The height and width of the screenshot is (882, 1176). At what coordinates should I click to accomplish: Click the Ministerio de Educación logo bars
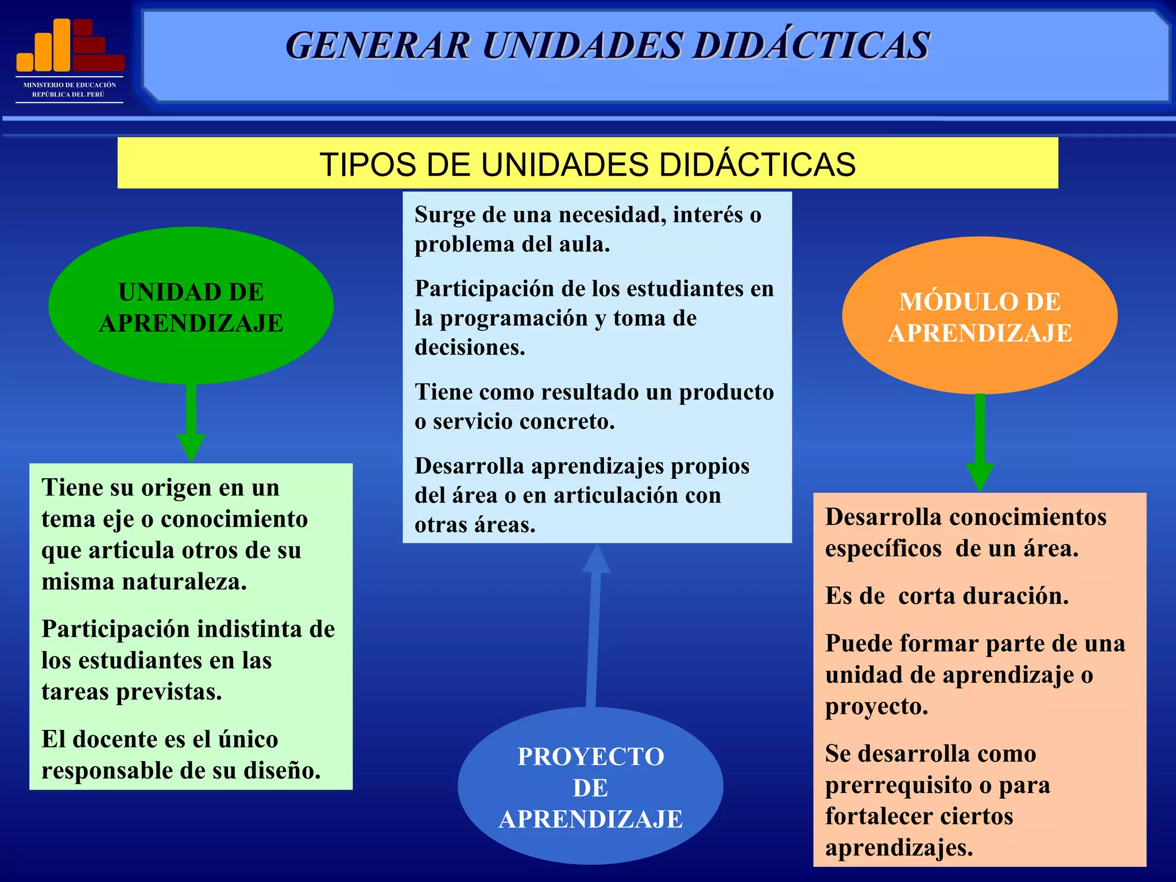70,45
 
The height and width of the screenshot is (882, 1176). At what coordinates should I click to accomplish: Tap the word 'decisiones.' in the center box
470,347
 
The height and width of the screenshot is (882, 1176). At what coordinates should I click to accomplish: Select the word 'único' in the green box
248,740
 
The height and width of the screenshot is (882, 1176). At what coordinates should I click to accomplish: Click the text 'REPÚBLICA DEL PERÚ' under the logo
68,95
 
